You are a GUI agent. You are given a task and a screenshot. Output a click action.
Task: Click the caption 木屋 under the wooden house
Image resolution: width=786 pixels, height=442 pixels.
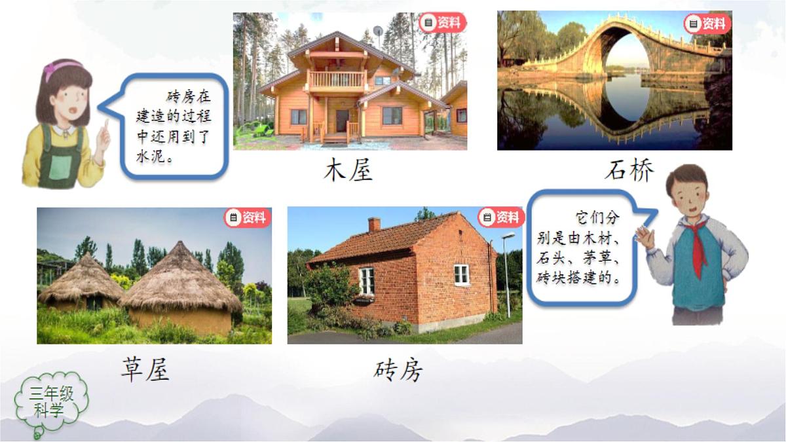(x=348, y=171)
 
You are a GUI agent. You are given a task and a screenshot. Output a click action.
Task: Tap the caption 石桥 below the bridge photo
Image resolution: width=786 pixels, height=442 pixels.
(x=629, y=170)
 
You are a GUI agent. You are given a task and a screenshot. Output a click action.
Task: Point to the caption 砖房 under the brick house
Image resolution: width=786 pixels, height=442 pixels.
(x=398, y=371)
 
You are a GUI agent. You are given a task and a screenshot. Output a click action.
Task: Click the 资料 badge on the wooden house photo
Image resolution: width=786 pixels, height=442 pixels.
(x=442, y=23)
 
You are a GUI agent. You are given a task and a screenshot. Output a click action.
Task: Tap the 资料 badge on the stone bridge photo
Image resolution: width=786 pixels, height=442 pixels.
(x=707, y=24)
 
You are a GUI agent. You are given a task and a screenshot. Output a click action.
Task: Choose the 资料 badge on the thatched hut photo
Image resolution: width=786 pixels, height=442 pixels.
(x=248, y=217)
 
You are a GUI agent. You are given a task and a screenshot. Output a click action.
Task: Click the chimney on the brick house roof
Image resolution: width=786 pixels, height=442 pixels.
(x=374, y=225)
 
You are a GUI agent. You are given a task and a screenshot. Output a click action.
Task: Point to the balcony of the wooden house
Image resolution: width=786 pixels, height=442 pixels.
(x=336, y=81)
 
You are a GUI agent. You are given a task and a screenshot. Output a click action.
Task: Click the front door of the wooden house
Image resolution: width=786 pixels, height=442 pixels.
(x=343, y=121)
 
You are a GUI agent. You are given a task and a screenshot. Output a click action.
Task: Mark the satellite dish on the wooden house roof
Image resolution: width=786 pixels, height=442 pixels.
(x=378, y=31)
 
